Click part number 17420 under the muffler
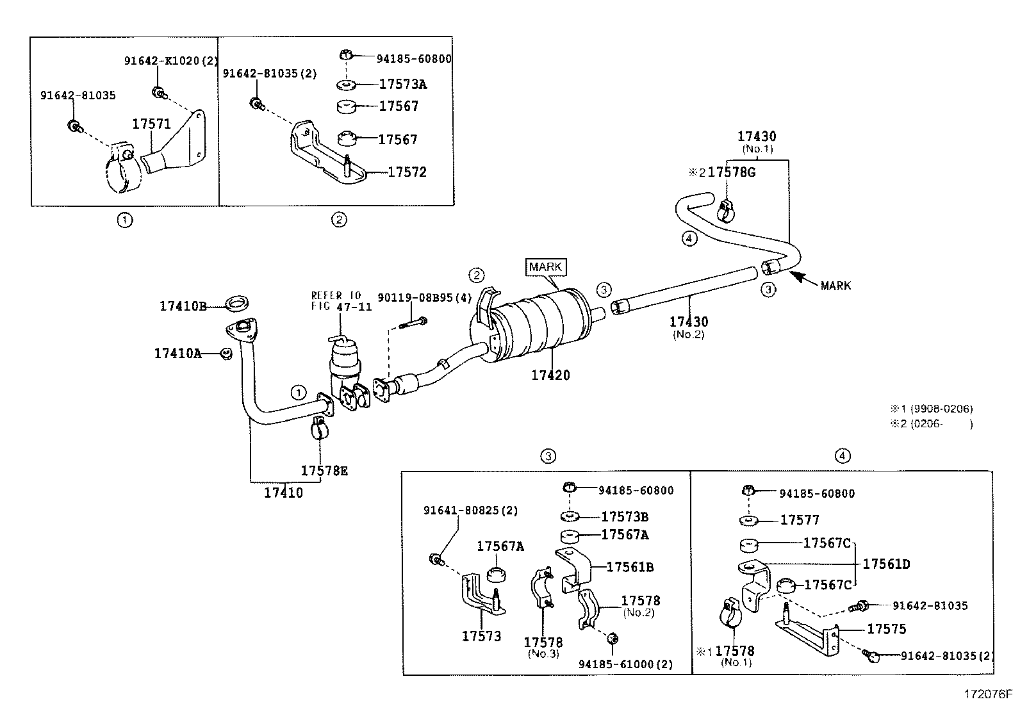pos(550,375)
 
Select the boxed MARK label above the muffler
pos(546,266)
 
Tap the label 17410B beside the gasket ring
pos(183,306)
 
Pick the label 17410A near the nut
pos(177,353)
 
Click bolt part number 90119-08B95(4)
pos(425,297)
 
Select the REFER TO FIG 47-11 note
pos(341,301)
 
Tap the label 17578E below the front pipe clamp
pos(324,471)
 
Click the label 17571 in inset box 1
pos(151,124)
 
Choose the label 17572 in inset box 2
pos(407,172)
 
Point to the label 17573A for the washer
pos(402,84)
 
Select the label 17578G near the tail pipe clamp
pos(731,172)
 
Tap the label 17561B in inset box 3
pos(630,567)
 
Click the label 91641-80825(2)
pos(470,511)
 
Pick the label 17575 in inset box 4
pos(887,629)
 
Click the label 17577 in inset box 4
pos(800,520)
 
